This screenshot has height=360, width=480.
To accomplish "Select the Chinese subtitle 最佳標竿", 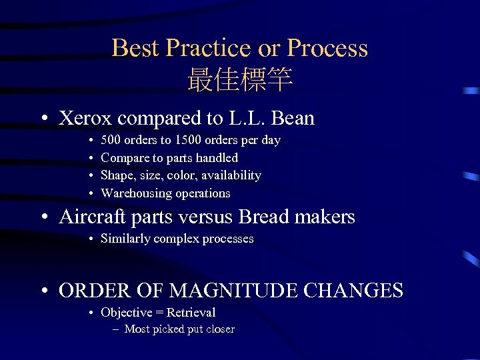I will (x=240, y=80).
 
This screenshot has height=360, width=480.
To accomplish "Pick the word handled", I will (x=216, y=158).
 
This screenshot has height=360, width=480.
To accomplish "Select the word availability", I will (x=230, y=175).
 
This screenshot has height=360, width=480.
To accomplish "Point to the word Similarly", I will (x=125, y=239).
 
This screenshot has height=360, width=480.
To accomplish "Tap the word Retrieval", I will (x=191, y=313).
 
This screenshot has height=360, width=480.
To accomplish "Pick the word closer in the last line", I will (x=219, y=329).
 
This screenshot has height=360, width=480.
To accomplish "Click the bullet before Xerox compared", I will (x=43, y=119).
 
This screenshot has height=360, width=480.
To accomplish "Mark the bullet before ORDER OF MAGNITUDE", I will (x=43, y=291).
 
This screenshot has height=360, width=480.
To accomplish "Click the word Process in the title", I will (x=327, y=48).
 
